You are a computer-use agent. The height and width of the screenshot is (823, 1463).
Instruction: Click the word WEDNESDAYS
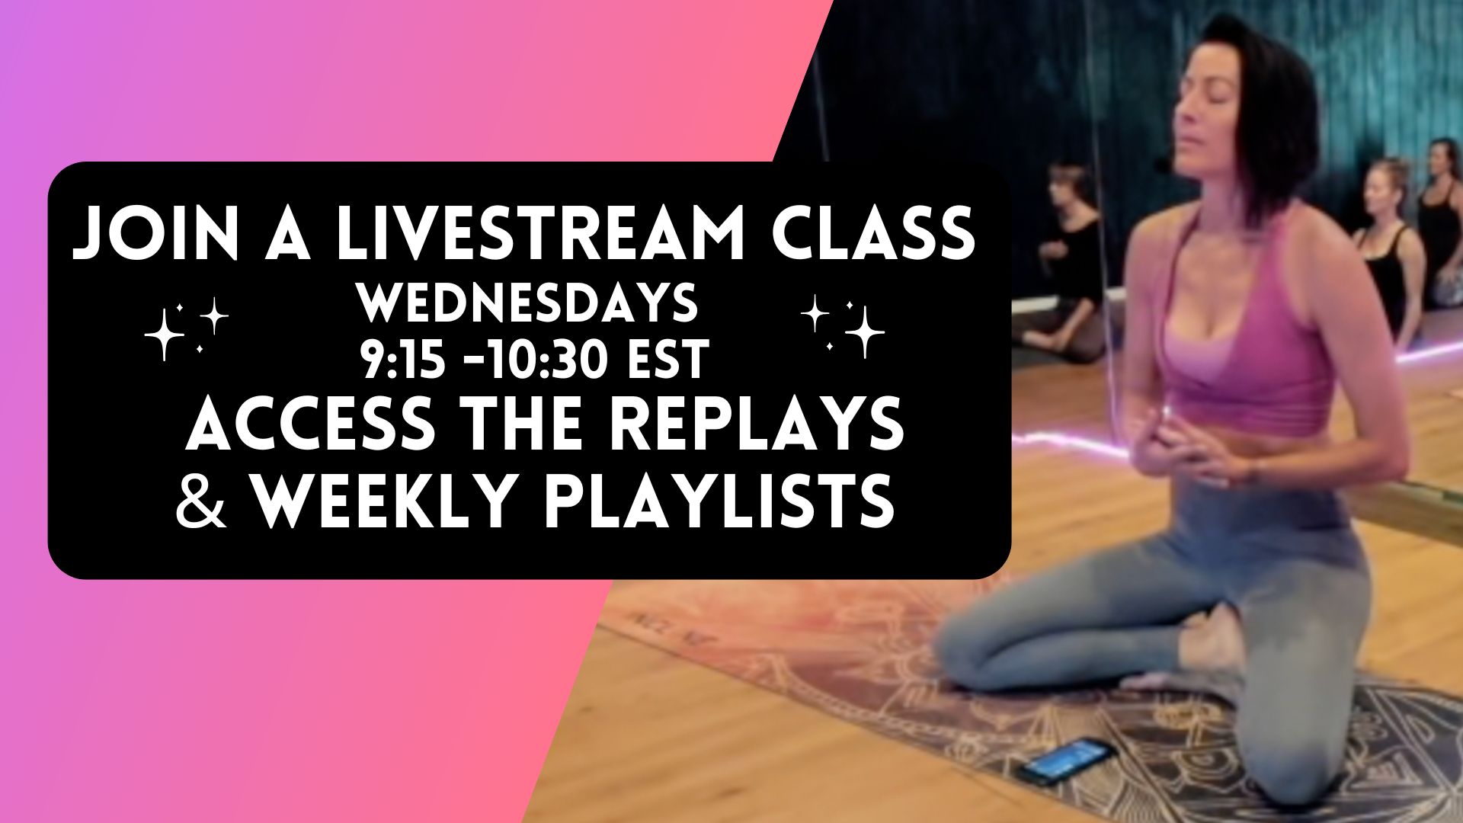[527, 303]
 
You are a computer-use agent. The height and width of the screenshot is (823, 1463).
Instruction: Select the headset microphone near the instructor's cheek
[1161, 163]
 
